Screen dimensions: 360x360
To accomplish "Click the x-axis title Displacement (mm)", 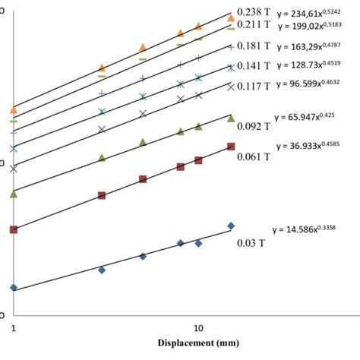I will (x=197, y=343).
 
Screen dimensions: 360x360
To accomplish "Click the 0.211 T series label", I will (x=254, y=25).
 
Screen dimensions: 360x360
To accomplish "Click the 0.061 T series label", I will (x=254, y=157).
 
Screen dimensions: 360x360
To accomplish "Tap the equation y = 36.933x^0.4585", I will (x=314, y=144).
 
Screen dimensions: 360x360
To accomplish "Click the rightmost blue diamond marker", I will (x=231, y=226).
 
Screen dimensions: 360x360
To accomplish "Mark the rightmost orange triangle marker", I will (x=231, y=16).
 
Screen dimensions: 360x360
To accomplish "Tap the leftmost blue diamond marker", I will (x=14, y=287).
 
